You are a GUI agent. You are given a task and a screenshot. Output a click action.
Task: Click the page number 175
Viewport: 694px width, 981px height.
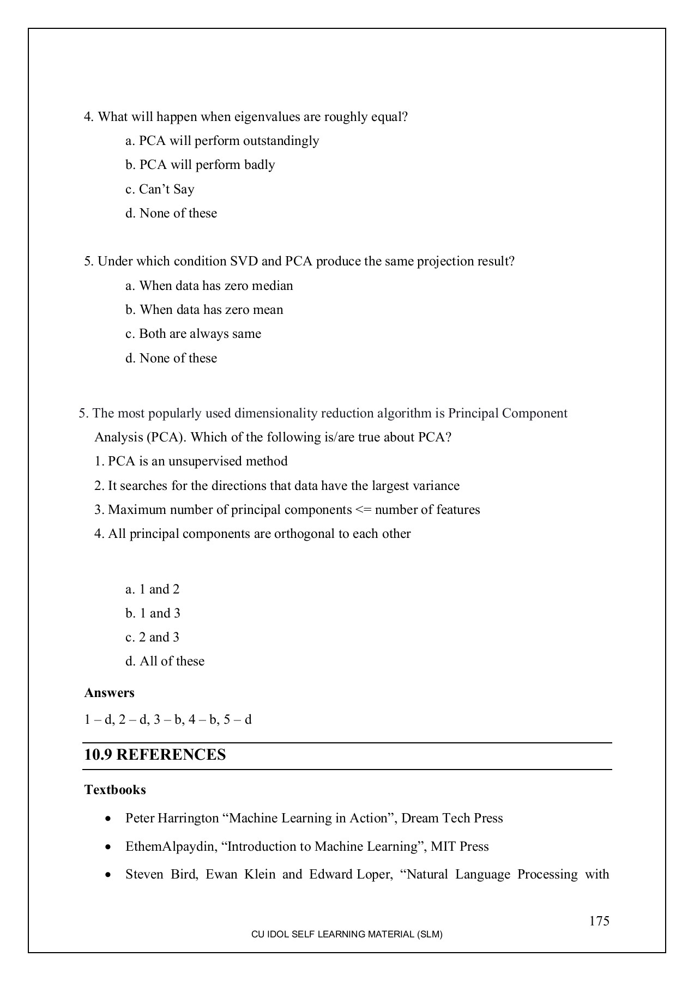point(599,921)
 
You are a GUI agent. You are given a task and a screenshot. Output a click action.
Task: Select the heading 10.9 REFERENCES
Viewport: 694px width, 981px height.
point(155,755)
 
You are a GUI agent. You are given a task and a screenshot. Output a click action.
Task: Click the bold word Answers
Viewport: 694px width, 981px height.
point(109,693)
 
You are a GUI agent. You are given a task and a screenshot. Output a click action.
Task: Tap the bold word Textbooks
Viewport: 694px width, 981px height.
point(115,790)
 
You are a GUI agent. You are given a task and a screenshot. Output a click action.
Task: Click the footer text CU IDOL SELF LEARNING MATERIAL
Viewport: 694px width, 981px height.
point(346,934)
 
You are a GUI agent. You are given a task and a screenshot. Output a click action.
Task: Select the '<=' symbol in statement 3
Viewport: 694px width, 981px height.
point(363,510)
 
